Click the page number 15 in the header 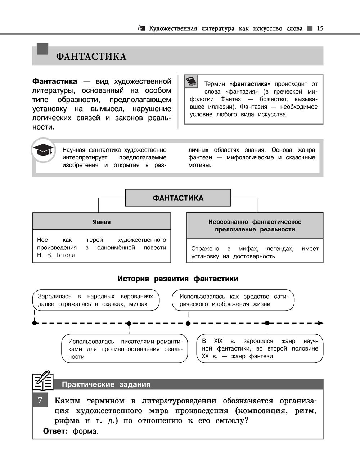[x=320, y=28]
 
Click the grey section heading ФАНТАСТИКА [x=91, y=57]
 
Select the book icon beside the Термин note [x=192, y=81]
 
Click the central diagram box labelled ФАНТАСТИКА [x=178, y=198]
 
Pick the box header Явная [x=102, y=222]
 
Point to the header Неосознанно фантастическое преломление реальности [x=255, y=226]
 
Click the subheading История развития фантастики [x=178, y=279]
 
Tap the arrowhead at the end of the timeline [x=320, y=323]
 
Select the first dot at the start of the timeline [x=35, y=323]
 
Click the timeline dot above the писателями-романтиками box [x=129, y=323]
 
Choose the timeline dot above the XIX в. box [x=267, y=323]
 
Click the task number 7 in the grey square [x=40, y=401]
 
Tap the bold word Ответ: [x=55, y=431]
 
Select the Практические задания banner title [x=106, y=384]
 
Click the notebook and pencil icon [x=42, y=381]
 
